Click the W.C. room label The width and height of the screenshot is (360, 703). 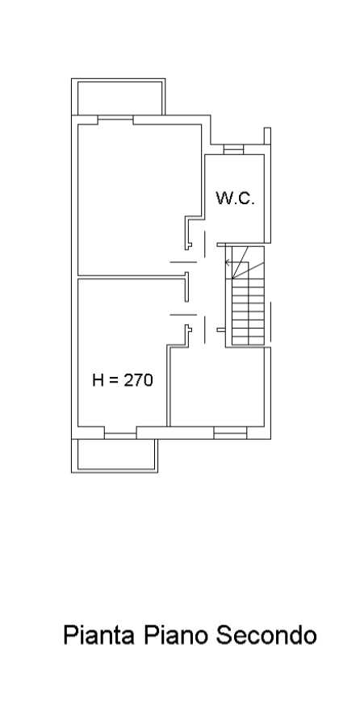click(x=236, y=199)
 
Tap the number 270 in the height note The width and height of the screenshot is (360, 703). click(x=138, y=380)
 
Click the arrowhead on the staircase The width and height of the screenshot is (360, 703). click(x=228, y=262)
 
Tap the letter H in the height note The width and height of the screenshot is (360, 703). click(x=98, y=380)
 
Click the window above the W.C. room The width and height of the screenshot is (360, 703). click(x=233, y=149)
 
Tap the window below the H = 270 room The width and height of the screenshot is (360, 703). click(x=120, y=435)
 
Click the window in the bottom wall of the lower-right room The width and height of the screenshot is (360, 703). click(x=230, y=433)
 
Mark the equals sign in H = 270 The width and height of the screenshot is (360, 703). click(x=114, y=381)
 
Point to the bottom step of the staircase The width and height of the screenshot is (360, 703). click(x=248, y=341)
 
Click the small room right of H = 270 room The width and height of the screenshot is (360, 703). click(x=217, y=387)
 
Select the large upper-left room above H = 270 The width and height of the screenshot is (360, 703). click(x=140, y=199)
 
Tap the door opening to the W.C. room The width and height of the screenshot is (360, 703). click(x=205, y=245)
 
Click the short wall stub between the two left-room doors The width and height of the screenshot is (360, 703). click(x=186, y=287)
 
